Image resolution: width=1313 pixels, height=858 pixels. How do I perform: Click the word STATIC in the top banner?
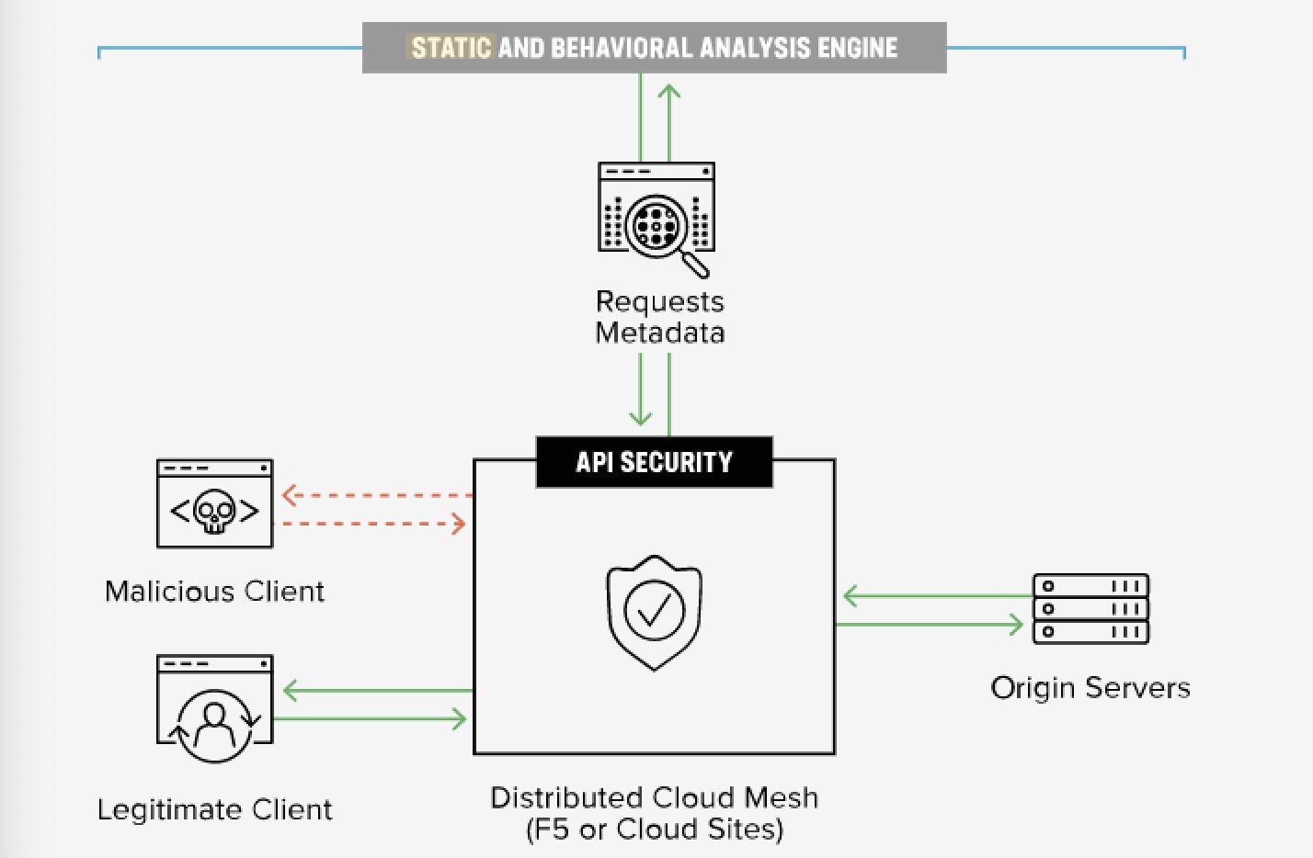coord(451,48)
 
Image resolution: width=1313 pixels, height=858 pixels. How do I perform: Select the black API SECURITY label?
coord(654,462)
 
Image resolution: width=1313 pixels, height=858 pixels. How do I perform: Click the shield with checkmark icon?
coord(654,613)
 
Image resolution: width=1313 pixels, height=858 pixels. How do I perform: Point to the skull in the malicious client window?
coord(214,512)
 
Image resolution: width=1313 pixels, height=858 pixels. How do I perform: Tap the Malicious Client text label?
coord(214,592)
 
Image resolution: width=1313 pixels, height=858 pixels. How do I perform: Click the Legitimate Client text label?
coord(214,810)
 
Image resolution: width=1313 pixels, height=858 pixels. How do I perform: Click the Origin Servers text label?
coord(1090,687)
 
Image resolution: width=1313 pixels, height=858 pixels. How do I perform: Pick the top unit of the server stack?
coord(1090,586)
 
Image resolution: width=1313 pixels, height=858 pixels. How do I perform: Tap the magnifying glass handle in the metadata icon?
coord(695,265)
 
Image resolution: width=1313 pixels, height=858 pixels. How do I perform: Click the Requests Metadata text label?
coord(660,317)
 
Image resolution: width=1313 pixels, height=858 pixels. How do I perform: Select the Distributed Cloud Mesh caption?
coord(654,814)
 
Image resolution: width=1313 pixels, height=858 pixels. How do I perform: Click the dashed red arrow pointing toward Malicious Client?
coord(378,495)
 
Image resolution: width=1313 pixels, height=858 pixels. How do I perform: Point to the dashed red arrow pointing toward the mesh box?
coord(370,524)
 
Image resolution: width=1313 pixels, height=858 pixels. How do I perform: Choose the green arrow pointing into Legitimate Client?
coord(378,691)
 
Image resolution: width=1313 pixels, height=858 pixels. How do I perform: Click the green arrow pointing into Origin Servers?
coord(929,625)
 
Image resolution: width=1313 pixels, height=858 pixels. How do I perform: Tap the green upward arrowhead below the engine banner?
coord(668,92)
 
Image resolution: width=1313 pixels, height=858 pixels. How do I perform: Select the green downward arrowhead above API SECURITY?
coord(640,417)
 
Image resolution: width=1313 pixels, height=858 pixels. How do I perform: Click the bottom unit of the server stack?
coord(1090,632)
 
